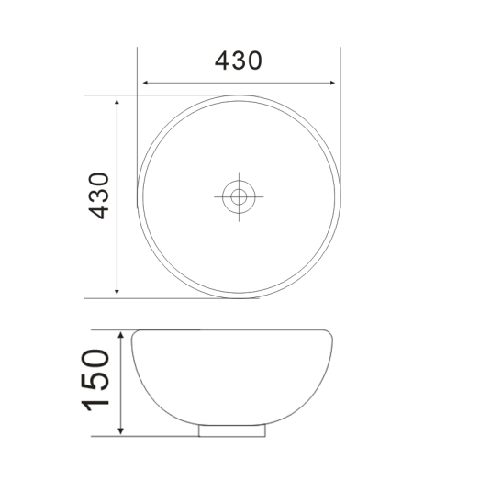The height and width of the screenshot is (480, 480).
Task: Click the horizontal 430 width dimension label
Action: (239, 61)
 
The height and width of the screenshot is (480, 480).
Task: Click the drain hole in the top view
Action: (240, 195)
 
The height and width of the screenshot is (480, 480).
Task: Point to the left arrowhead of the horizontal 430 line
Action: (142, 84)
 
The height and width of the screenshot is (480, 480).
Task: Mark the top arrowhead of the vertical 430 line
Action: (117, 100)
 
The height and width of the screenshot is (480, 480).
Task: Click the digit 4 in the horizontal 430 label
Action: (222, 61)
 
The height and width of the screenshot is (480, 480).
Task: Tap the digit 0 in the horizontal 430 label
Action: (255, 61)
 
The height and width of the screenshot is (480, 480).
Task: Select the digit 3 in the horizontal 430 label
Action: (239, 61)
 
